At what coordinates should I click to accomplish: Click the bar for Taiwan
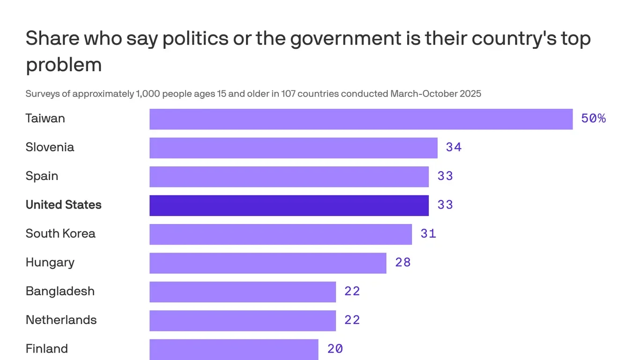point(361,119)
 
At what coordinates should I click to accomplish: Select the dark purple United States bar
point(289,205)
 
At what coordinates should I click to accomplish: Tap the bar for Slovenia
point(293,148)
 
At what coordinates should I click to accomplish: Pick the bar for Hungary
point(268,263)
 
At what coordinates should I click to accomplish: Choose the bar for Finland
point(234,349)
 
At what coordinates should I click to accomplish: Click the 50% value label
point(593,119)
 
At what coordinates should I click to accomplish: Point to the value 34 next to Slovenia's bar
point(454,148)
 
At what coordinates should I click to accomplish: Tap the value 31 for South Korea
point(428,234)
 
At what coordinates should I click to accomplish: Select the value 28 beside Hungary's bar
point(402,262)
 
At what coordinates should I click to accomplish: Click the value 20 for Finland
point(335,349)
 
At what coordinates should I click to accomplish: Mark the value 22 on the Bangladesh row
point(352,292)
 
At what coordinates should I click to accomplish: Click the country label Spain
point(42,176)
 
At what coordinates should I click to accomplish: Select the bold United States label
point(63,205)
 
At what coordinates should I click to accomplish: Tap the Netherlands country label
point(61,320)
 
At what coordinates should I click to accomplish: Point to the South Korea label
point(60,234)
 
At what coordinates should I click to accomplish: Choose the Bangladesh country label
point(60,292)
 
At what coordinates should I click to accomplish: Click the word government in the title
point(344,38)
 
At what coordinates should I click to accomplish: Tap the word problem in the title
point(63,65)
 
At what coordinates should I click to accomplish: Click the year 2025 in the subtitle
point(470,94)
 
